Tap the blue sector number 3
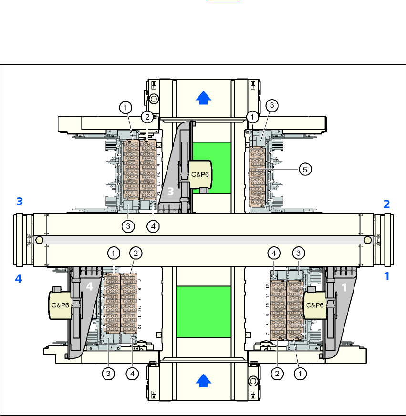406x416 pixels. click(x=20, y=202)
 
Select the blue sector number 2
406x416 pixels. click(x=387, y=204)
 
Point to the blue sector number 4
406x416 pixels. click(x=19, y=279)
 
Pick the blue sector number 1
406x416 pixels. click(x=387, y=276)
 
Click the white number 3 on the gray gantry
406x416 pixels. click(x=171, y=191)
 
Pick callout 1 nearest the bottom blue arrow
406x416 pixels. click(x=300, y=375)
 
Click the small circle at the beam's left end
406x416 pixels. click(x=39, y=240)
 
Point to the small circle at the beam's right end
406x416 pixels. click(x=367, y=240)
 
